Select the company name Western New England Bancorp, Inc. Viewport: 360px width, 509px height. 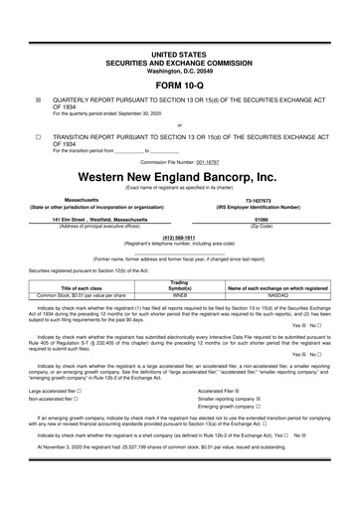[179, 176]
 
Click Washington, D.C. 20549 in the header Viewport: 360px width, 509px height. [179, 71]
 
